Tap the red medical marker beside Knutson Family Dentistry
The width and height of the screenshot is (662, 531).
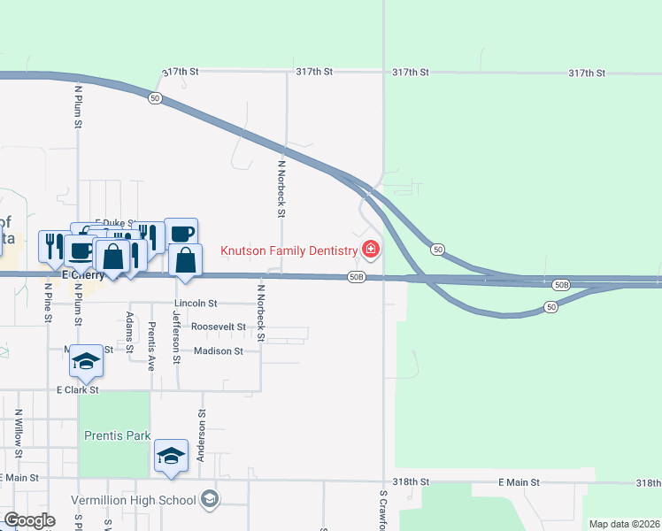pyautogui.click(x=370, y=250)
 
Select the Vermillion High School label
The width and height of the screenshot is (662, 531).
pyautogui.click(x=133, y=500)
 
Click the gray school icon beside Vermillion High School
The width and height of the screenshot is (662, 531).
pyautogui.click(x=209, y=499)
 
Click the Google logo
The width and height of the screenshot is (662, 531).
pyautogui.click(x=29, y=520)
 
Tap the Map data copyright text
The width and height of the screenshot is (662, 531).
pyautogui.click(x=623, y=524)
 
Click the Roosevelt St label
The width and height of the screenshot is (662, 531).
pyautogui.click(x=219, y=327)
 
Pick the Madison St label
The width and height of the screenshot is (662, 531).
pyautogui.click(x=219, y=351)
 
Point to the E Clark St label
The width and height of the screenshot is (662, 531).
pyautogui.click(x=78, y=389)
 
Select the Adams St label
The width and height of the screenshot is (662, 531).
pyautogui.click(x=130, y=333)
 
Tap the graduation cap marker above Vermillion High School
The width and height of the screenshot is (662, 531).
pyautogui.click(x=172, y=456)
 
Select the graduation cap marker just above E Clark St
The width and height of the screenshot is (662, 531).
pyautogui.click(x=86, y=361)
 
